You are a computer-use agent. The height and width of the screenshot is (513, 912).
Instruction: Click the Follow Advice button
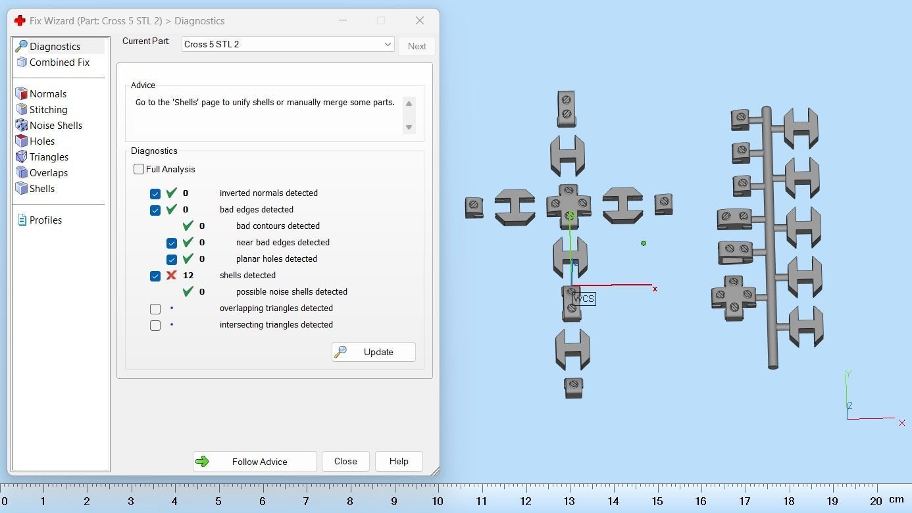point(255,461)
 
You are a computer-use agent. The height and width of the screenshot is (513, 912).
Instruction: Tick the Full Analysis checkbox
point(139,169)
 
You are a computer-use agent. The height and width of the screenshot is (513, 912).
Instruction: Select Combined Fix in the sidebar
point(59,62)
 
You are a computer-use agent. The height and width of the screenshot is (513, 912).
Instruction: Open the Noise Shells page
point(56,126)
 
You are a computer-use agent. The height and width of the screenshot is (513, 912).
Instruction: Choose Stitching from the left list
point(49,109)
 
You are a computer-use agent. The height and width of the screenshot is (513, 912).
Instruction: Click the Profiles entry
point(45,220)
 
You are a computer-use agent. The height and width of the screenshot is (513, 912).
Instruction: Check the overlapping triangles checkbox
point(155,308)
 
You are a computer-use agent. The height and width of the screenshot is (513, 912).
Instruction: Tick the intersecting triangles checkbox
point(155,326)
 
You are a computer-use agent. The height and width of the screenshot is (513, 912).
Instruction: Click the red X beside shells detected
point(171,276)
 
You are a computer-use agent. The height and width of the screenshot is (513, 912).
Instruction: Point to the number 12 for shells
point(188,276)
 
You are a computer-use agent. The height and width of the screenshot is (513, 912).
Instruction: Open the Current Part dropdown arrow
point(388,44)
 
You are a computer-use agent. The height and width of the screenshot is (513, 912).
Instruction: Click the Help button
point(399,461)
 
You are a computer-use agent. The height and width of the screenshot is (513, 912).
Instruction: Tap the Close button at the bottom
point(345,461)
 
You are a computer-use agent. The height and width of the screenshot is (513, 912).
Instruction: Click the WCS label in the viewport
point(584,299)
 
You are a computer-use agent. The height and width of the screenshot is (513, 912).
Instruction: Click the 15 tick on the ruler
point(657,501)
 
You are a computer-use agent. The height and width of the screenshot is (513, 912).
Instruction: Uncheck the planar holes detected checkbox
point(171,260)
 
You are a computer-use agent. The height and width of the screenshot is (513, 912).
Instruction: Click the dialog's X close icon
point(420,20)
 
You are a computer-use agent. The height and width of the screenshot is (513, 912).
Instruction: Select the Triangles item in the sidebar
point(49,157)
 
